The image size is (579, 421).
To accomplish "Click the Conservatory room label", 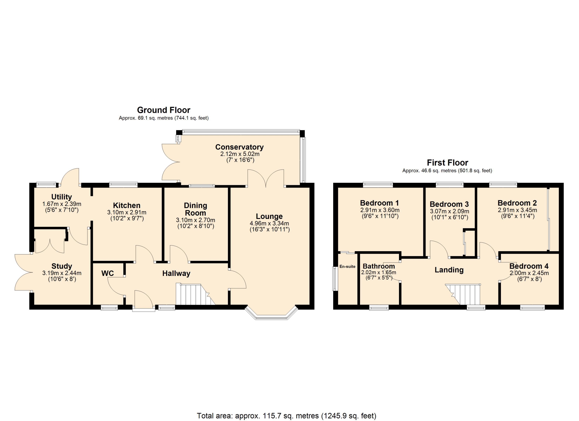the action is pos(239,147).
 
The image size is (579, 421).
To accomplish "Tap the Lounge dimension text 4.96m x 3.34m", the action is pos(269,223).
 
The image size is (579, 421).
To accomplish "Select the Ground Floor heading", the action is pos(164,110).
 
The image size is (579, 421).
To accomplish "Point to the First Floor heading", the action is pos(448,163).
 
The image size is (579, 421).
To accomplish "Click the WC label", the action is pos(108,274).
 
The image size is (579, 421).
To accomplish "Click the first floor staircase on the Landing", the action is pos(463,294).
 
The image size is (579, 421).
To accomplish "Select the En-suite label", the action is pos(347,267).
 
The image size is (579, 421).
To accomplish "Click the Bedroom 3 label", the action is pos(449,204).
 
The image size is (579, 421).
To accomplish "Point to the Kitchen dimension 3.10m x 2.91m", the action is pos(127,213).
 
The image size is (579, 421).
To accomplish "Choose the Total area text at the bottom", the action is pos(286,416).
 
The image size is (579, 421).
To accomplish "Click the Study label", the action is pos(62,266).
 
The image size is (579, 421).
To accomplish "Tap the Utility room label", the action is pos(62,197).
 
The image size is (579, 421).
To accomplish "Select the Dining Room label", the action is pos(195,209).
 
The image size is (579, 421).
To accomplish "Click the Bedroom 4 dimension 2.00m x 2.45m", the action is pos(529,273).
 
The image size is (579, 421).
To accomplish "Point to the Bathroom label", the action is pos(379,266).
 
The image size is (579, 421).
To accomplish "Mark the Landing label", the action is pos(449,270).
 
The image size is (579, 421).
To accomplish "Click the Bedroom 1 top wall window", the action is pos(378,184).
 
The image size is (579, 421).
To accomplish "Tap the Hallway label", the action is pos(176,274).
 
